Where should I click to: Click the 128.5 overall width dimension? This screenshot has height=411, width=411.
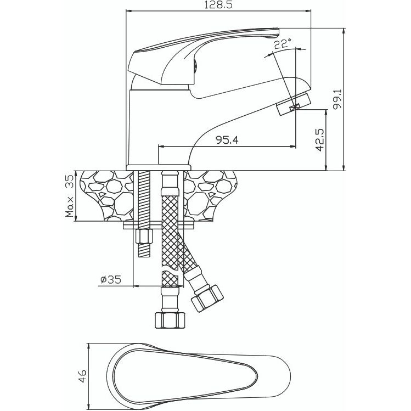(x=218, y=5)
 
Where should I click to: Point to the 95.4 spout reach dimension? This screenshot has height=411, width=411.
(x=227, y=140)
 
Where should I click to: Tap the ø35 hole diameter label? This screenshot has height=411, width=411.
(x=111, y=280)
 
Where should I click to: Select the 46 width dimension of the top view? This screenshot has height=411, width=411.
(x=82, y=376)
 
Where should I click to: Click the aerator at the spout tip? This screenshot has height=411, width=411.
(x=293, y=104)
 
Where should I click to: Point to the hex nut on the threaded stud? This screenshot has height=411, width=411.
(x=144, y=237)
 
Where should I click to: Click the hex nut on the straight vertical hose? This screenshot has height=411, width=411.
(x=170, y=320)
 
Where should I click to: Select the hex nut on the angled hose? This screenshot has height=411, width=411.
(x=207, y=298)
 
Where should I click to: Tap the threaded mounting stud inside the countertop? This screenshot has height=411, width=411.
(x=144, y=196)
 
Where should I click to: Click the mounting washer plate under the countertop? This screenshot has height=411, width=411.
(x=159, y=225)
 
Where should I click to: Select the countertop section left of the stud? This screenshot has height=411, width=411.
(x=108, y=196)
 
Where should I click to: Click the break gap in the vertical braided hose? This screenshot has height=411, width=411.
(x=170, y=269)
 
